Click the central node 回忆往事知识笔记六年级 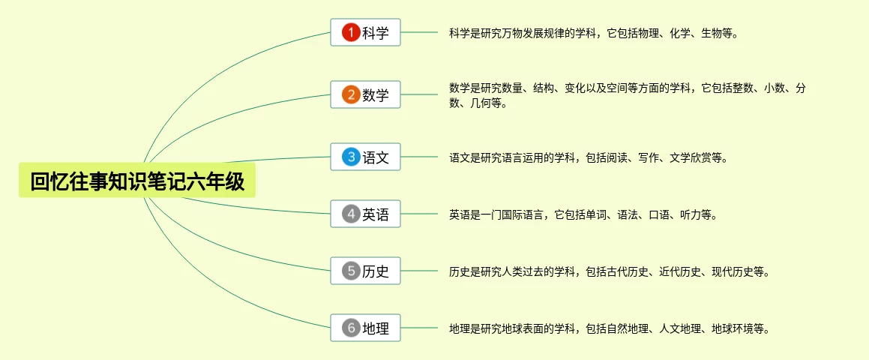click(137, 181)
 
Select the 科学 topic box click(366, 32)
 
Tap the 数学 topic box click(366, 94)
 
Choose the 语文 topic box click(366, 157)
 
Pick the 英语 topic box click(366, 214)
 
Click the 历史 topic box click(366, 271)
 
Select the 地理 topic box click(366, 328)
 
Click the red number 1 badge click(350, 32)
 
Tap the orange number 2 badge click(350, 94)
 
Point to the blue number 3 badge click(350, 157)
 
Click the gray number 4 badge click(350, 214)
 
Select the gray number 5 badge click(350, 271)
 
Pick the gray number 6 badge click(350, 328)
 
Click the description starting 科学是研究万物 click(593, 33)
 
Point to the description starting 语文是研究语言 click(588, 158)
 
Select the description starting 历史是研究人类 click(609, 271)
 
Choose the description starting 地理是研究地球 click(609, 328)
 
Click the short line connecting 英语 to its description click(420, 214)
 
